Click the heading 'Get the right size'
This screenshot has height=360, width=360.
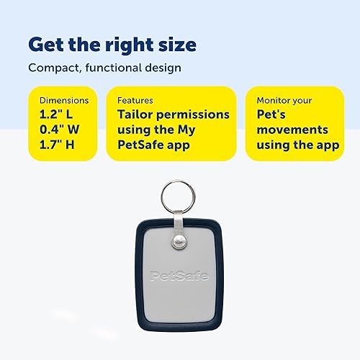point(112,44)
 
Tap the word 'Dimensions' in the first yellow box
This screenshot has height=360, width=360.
point(64,101)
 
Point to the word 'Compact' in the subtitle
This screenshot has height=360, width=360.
point(51,68)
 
